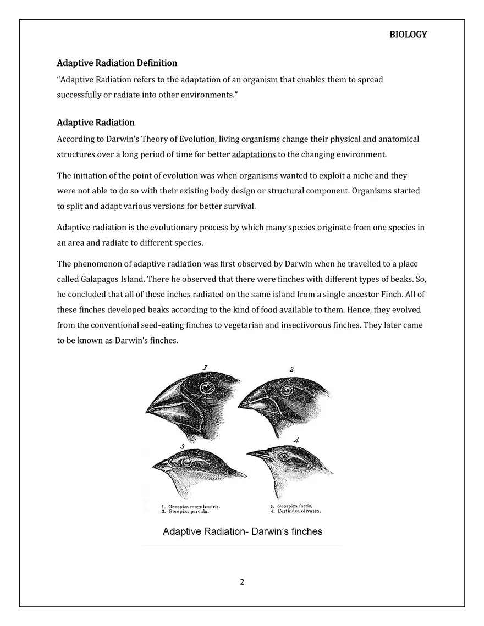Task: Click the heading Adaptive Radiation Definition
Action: point(117,63)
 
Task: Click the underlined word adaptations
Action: point(254,154)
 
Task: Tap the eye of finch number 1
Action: point(207,388)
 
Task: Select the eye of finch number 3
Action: point(186,462)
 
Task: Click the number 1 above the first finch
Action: point(205,368)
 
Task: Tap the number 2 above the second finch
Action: point(291,369)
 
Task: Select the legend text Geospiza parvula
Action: point(188,511)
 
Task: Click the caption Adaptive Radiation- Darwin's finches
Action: point(243,531)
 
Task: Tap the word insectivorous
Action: point(321,325)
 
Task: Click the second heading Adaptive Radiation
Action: point(96,123)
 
